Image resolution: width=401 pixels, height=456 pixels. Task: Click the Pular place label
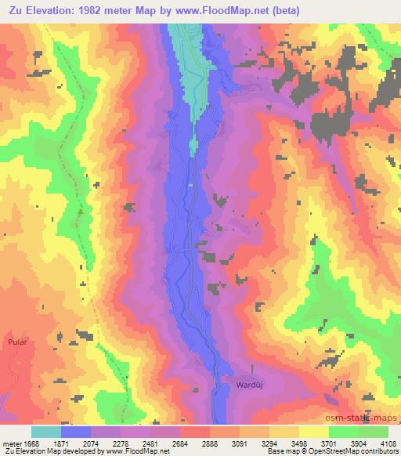click(16, 342)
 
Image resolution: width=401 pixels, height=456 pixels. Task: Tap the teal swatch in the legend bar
click(46, 432)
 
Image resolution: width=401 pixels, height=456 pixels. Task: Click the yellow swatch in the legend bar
click(313, 432)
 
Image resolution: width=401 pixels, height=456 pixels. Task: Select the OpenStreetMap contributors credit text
click(353, 451)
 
